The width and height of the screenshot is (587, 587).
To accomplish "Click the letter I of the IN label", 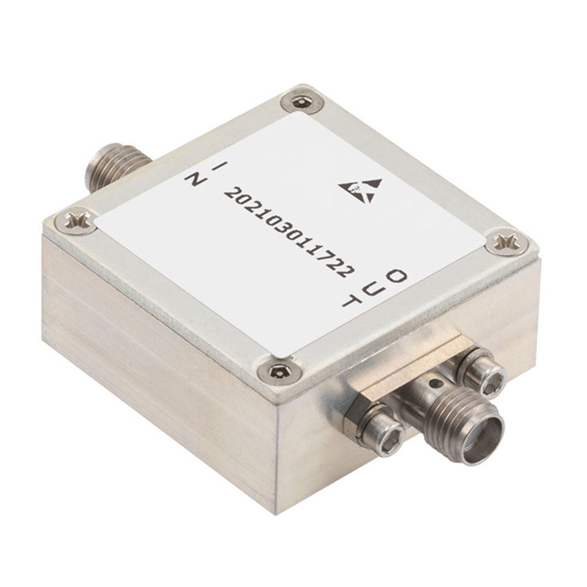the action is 218,167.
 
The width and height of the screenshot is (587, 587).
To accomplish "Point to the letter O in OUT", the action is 396,276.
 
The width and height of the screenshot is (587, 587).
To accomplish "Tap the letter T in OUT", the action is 352,301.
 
